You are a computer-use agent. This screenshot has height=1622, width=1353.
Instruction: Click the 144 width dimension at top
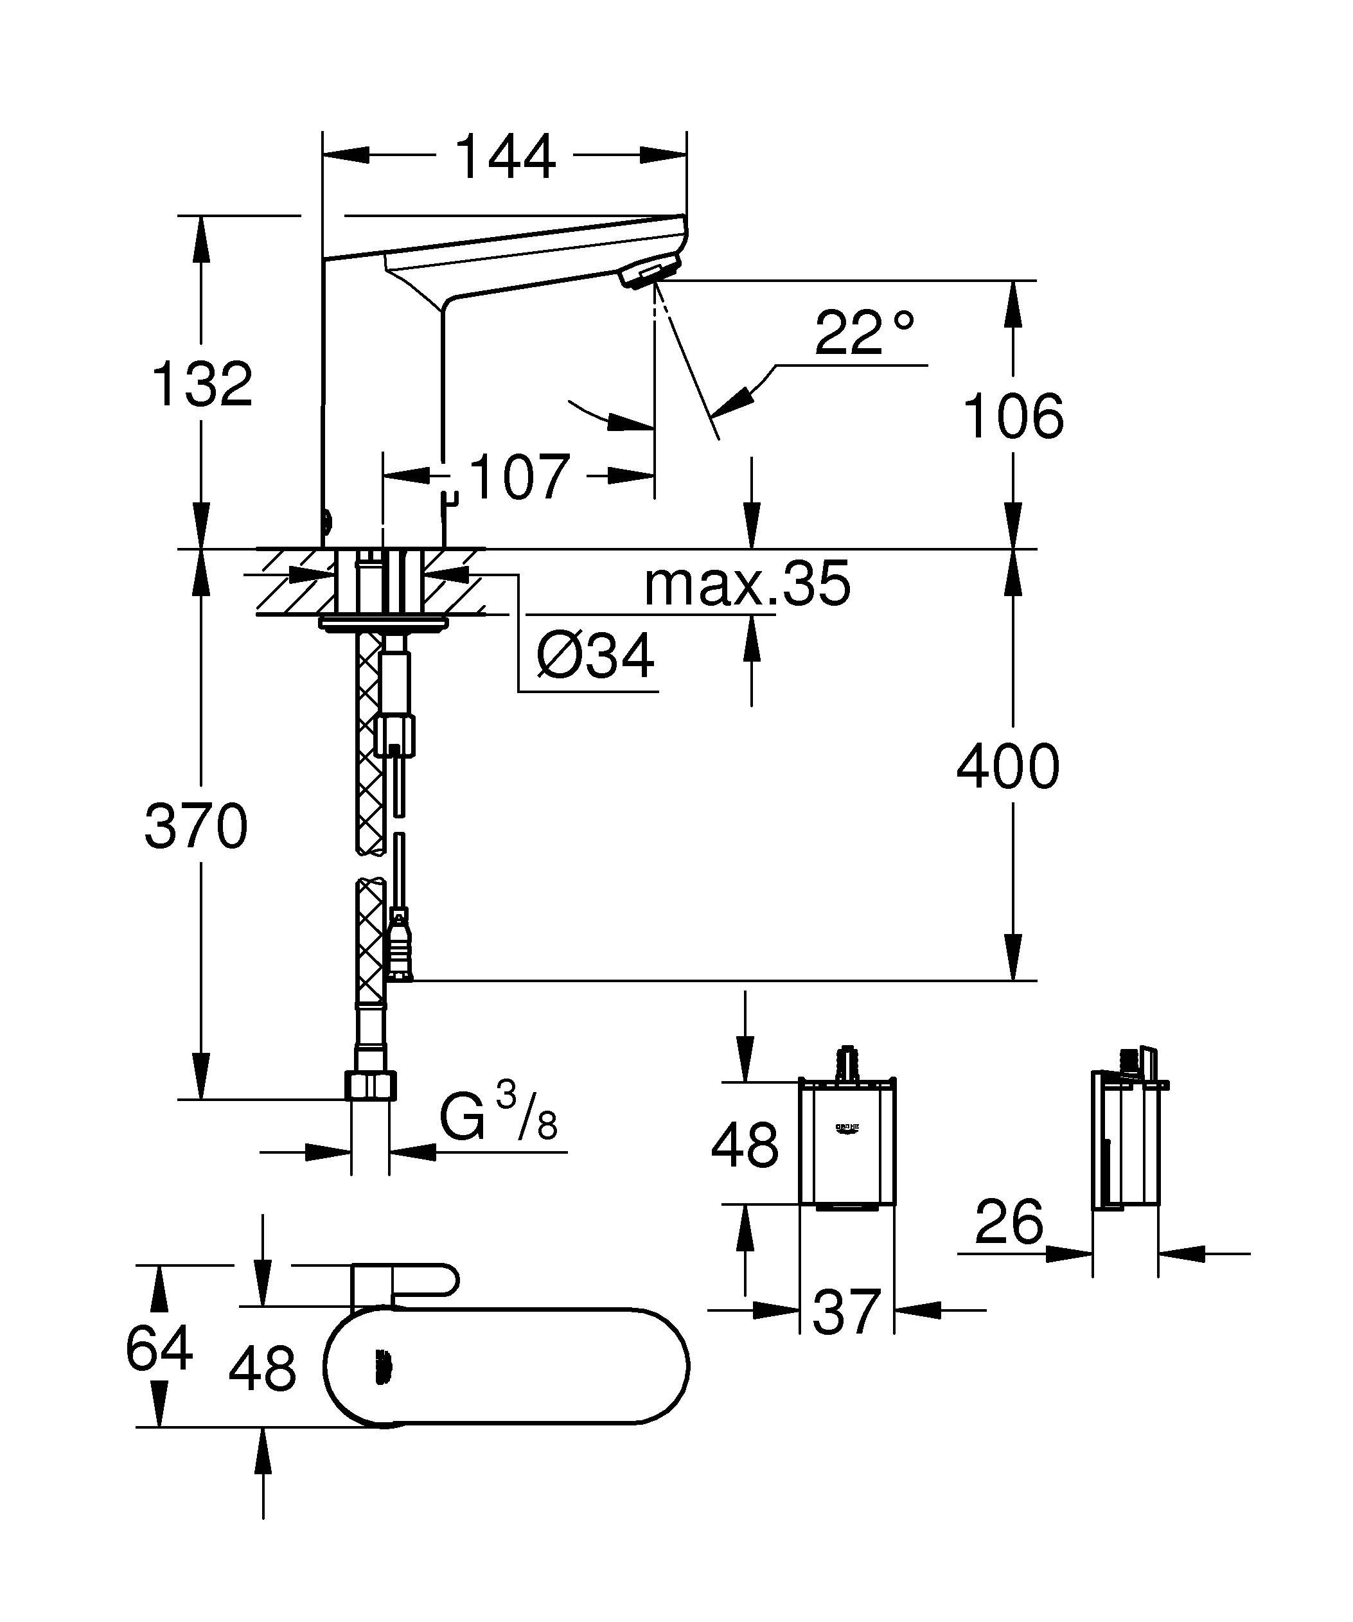click(x=505, y=157)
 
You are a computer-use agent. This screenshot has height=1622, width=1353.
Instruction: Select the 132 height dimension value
click(x=203, y=384)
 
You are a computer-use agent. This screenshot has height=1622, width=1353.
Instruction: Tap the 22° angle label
click(x=864, y=333)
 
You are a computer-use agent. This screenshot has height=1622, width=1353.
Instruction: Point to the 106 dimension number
click(x=1013, y=416)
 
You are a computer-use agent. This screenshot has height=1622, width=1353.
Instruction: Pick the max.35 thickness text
click(x=747, y=584)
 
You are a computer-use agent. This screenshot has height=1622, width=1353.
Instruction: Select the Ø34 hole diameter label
click(x=596, y=656)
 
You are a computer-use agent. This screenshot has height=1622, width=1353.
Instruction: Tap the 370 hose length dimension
click(x=196, y=827)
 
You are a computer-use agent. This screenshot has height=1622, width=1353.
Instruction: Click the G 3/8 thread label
click(x=498, y=1116)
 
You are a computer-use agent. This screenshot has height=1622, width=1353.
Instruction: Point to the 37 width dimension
click(x=846, y=1312)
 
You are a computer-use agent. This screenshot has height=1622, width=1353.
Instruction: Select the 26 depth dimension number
click(x=1009, y=1222)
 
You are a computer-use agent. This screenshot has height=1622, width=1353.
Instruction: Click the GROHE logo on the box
click(x=847, y=1129)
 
